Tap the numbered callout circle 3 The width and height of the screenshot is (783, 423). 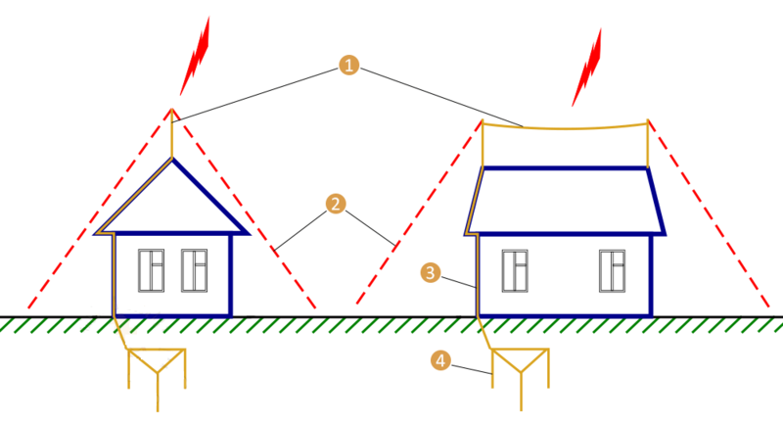(428, 272)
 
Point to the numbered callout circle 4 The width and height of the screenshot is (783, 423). (441, 361)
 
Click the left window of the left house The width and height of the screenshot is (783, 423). (152, 271)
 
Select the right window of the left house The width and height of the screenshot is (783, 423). (196, 271)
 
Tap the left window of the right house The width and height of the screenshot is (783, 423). (515, 271)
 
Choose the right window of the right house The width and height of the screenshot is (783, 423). (613, 271)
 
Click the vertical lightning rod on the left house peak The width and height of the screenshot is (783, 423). (172, 135)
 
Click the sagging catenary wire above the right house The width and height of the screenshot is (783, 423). (565, 127)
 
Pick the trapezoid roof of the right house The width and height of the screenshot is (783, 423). (565, 201)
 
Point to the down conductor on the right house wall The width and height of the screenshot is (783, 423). (476, 284)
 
